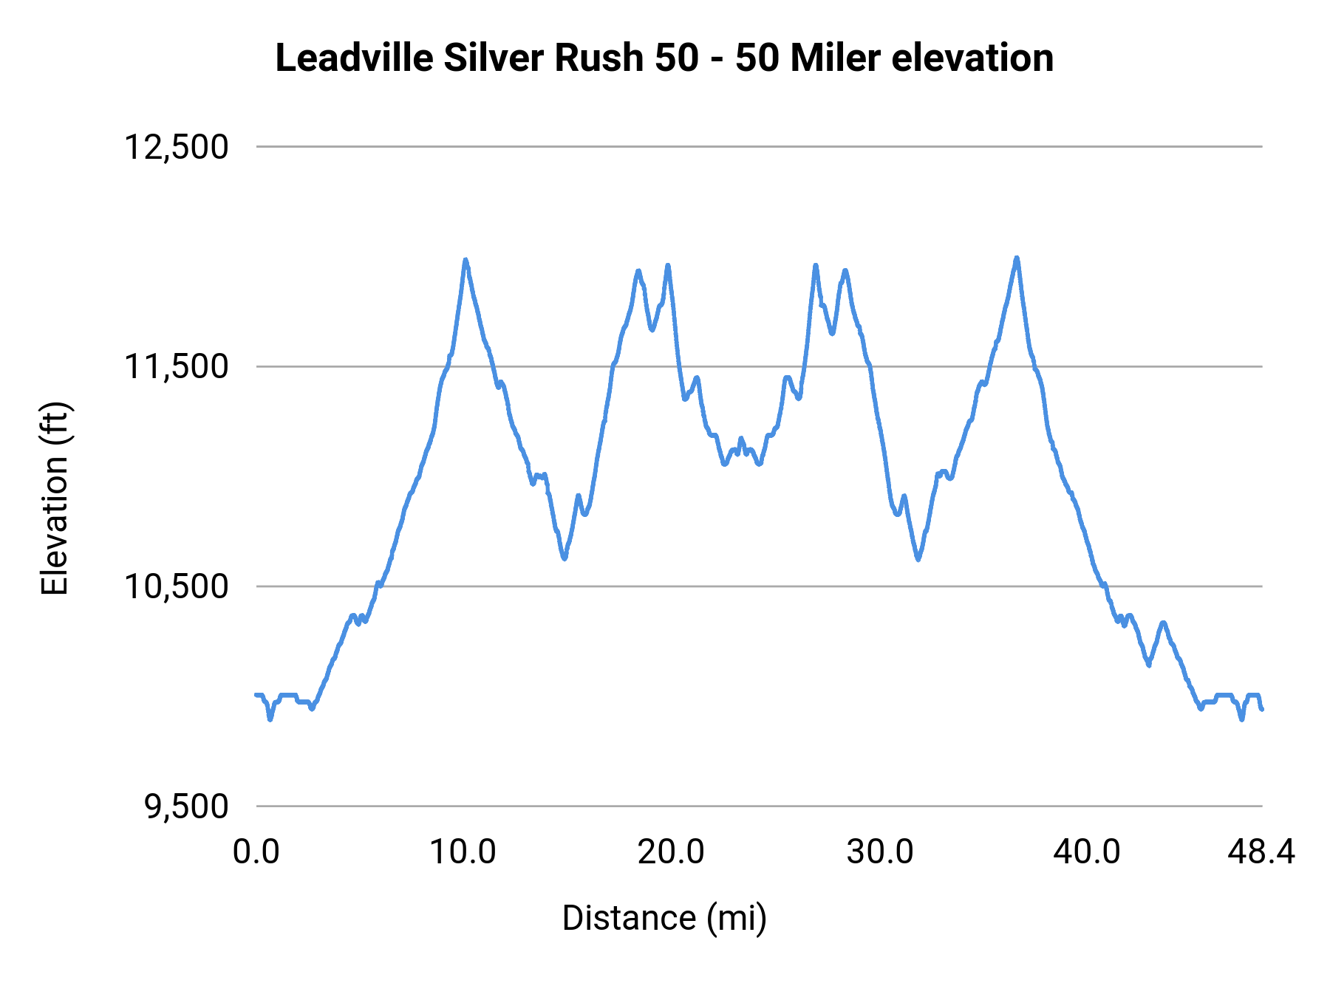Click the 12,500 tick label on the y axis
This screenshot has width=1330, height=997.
point(176,147)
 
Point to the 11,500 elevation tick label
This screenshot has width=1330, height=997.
point(176,366)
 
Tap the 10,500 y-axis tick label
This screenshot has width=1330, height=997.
point(176,586)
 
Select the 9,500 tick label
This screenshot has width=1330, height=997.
point(186,806)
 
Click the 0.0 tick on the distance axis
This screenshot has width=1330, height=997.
point(256,852)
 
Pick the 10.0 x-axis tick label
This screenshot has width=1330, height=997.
point(463,852)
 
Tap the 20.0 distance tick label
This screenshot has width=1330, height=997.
point(671,852)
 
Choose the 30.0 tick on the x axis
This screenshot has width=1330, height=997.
point(879,852)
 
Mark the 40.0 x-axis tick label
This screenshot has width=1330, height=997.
point(1087,852)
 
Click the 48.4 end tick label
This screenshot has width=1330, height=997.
point(1261,852)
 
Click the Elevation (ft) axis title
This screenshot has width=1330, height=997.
point(55,498)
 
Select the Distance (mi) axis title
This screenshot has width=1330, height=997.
point(664,918)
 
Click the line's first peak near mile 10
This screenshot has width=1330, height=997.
point(465,260)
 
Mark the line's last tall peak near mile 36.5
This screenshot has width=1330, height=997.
point(1017,258)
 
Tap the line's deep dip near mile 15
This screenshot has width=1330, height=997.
point(565,558)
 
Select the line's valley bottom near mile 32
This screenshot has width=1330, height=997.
point(918,559)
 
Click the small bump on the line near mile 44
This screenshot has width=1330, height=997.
point(1163,623)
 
